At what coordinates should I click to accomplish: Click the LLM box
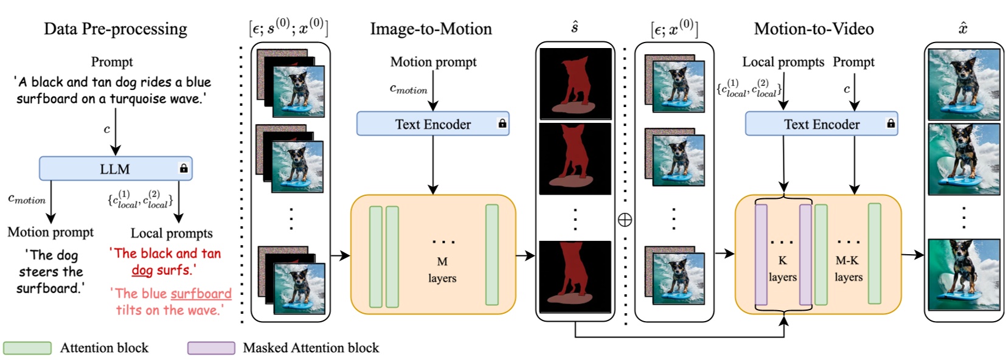click(115, 168)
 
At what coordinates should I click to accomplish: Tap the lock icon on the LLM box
click(184, 168)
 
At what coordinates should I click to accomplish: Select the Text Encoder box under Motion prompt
click(432, 124)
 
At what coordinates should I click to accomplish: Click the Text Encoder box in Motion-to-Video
click(821, 124)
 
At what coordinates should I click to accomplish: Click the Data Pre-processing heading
click(115, 29)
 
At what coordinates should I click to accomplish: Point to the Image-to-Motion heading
click(431, 29)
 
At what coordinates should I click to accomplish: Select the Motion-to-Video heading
click(813, 29)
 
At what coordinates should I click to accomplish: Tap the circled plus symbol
click(625, 220)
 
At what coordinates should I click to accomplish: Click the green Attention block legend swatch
click(27, 348)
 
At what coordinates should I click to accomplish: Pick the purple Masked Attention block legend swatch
click(211, 348)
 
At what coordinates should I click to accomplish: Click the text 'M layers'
click(442, 269)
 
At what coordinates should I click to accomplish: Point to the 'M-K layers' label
click(848, 268)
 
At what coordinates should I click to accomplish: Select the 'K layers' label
click(782, 268)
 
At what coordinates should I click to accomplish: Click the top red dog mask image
click(575, 84)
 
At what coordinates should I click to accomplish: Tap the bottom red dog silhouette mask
click(575, 277)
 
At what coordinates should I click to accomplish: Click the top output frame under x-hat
click(963, 84)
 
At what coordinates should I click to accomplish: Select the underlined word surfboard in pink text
click(201, 294)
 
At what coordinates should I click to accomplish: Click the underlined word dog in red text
click(142, 270)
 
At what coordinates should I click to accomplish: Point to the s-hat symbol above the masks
click(574, 27)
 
